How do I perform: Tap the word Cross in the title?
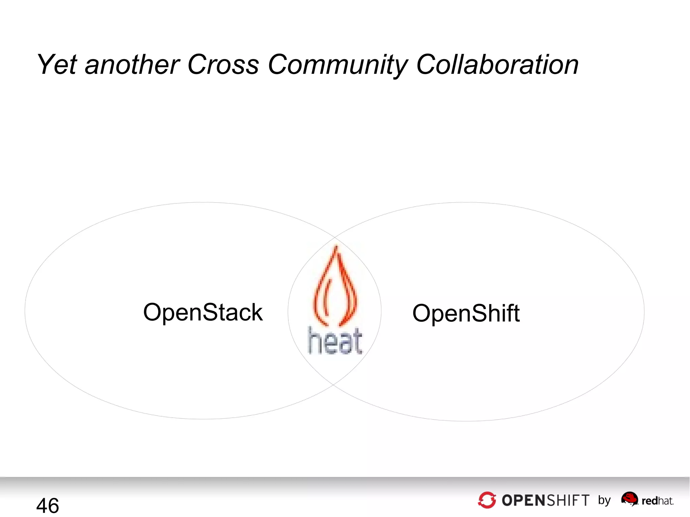pos(223,64)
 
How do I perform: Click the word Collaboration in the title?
pos(497,64)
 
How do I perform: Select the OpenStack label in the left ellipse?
pos(203,312)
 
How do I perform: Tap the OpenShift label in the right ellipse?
pos(466,313)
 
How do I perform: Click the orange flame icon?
pos(335,286)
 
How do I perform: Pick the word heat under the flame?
pos(335,341)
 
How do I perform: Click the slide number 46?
pos(48,506)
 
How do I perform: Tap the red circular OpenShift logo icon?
pos(487,500)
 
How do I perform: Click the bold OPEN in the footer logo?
pos(523,500)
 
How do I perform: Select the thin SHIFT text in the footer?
pos(568,500)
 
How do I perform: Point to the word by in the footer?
pos(604,500)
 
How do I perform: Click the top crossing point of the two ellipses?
pos(335,237)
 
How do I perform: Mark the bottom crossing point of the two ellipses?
pos(334,384)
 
